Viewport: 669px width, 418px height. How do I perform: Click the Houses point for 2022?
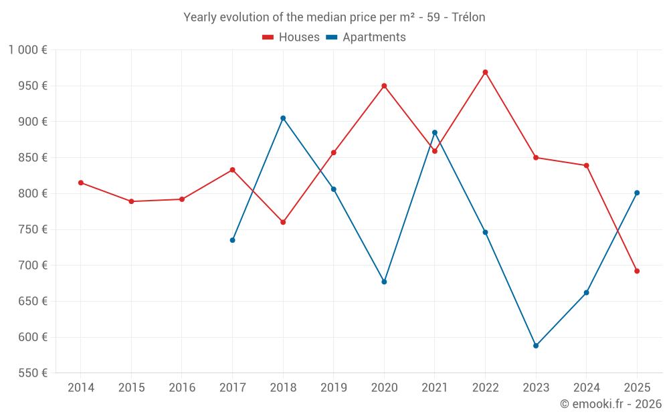click(485, 72)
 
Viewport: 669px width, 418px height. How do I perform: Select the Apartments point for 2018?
click(283, 118)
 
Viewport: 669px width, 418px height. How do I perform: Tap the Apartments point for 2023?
click(536, 346)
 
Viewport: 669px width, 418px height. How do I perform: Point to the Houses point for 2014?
click(81, 183)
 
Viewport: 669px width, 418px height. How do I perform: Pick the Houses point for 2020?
click(384, 86)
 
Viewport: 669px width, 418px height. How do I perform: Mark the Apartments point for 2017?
click(232, 240)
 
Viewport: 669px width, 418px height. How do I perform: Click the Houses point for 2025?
click(637, 271)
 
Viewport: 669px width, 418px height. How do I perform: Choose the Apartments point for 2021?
click(435, 132)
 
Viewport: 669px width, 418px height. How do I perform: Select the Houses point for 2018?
click(283, 222)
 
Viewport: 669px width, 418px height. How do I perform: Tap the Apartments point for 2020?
click(384, 282)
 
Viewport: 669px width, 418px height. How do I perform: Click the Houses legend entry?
click(291, 37)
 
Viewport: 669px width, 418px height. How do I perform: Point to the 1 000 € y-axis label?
click(27, 49)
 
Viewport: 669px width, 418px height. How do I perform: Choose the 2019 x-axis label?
click(333, 387)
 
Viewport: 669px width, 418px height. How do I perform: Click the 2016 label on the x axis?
click(182, 387)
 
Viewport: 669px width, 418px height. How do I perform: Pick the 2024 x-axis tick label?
click(586, 387)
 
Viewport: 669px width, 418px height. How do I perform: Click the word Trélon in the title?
click(468, 17)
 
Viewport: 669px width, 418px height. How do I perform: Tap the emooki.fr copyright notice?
click(611, 404)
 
